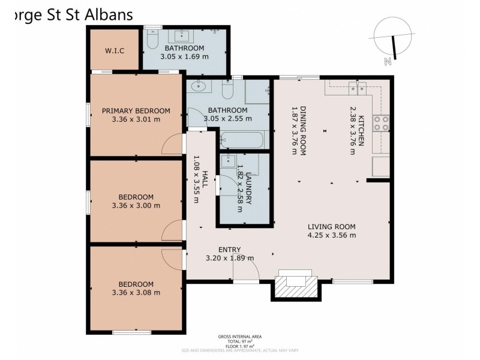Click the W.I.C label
(114, 50)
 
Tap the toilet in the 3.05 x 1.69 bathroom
(152, 39)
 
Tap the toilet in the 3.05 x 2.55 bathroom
(227, 90)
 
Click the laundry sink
(228, 161)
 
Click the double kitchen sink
(358, 89)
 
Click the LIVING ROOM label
(331, 227)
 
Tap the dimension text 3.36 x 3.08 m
(136, 293)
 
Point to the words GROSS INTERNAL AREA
(239, 337)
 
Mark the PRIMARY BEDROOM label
(136, 110)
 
